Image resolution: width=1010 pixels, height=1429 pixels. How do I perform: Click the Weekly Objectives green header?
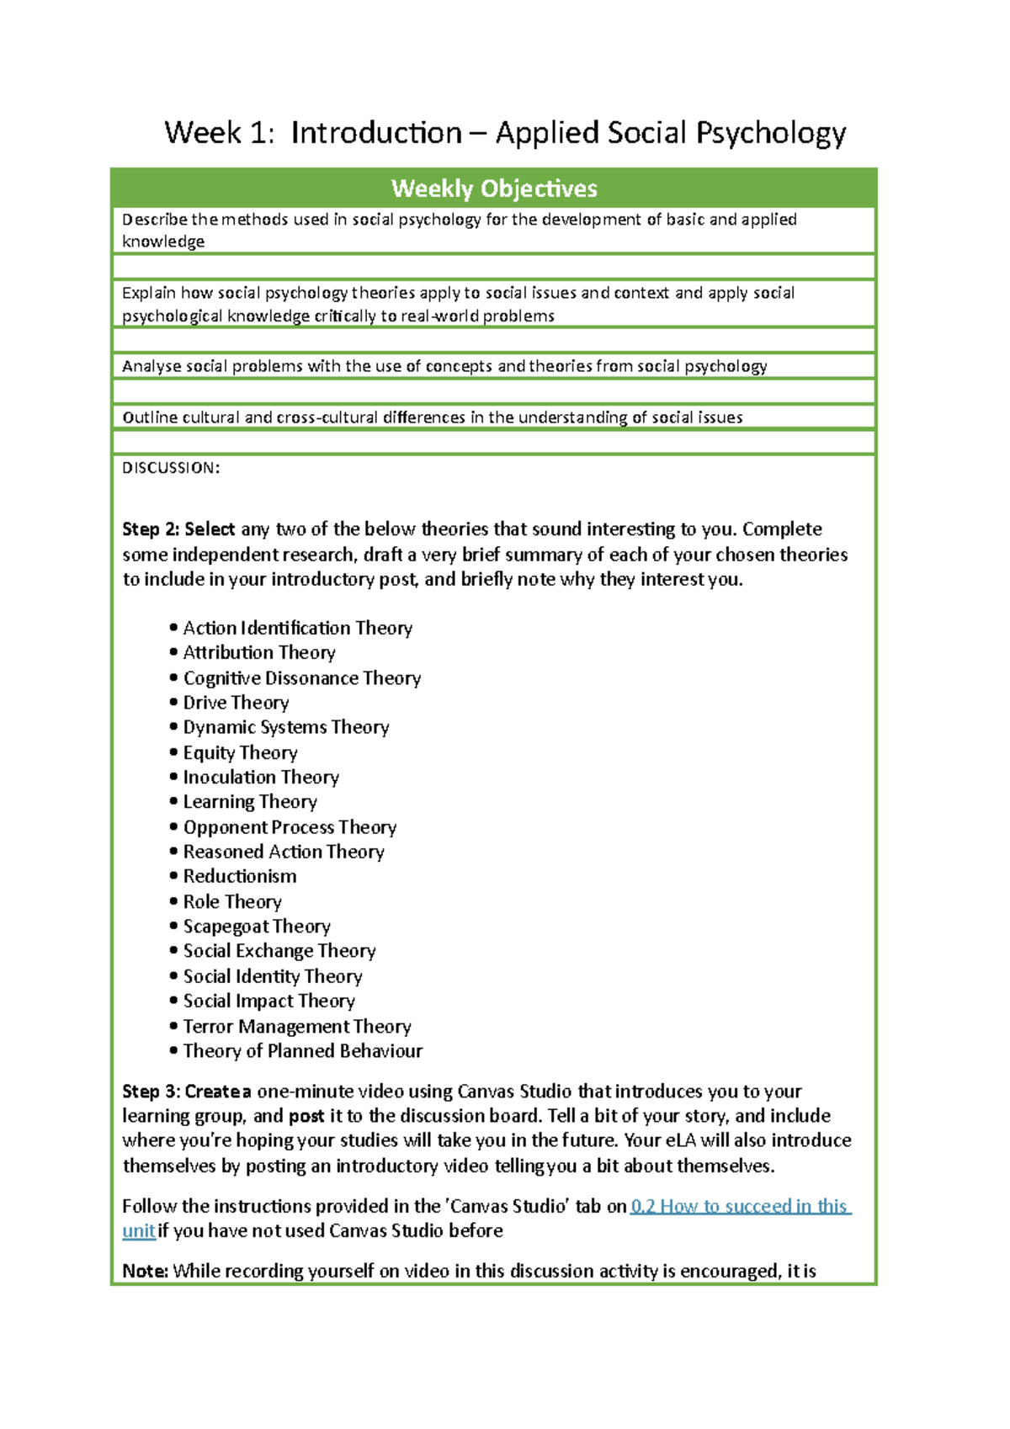coord(494,189)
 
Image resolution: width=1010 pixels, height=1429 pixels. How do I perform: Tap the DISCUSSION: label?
coord(171,468)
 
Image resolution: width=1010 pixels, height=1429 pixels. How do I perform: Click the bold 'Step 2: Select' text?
coord(178,529)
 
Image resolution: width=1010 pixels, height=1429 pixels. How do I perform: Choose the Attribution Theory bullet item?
coord(259,652)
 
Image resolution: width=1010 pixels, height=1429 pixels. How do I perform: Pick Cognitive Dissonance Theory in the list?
coord(301,677)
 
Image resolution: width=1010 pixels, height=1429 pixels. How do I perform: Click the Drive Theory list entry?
coord(236,703)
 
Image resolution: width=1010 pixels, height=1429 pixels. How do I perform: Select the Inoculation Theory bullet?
coord(261,777)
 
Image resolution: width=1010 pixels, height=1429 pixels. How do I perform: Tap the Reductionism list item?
coord(240,876)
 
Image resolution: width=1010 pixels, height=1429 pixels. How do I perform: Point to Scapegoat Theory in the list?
coord(257,926)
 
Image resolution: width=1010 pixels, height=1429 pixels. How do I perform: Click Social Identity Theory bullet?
coord(273,976)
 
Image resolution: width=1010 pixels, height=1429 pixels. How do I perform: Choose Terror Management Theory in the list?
coord(297,1026)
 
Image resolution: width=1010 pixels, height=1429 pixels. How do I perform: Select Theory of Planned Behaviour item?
coord(303,1050)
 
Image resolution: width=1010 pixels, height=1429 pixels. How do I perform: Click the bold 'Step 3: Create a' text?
coord(187,1092)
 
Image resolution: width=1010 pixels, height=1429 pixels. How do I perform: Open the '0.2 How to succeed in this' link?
coord(741,1206)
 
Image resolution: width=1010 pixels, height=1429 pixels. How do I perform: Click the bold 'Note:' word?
coord(146,1271)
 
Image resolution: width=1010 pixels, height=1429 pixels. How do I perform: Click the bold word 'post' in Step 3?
coord(306,1116)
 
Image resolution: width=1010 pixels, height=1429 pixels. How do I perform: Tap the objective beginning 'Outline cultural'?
coord(432,417)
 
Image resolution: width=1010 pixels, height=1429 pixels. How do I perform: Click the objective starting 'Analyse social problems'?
coord(444,366)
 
